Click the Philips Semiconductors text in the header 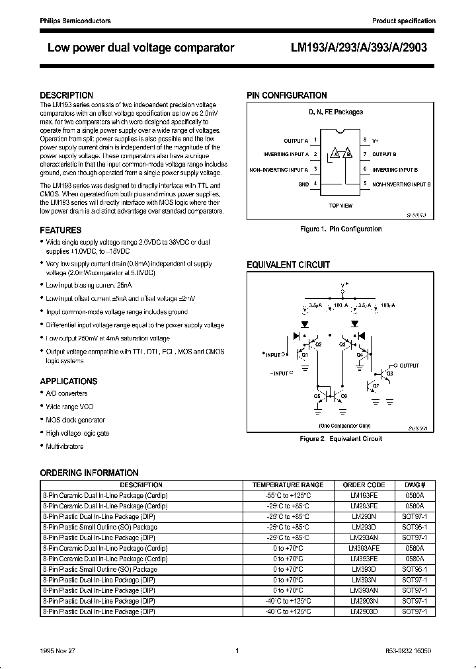75,21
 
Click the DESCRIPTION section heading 67,95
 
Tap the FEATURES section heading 61,230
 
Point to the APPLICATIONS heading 69,381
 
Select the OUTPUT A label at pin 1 296,141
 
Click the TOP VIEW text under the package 340,206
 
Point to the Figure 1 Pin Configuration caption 340,229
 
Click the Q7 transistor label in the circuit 376,385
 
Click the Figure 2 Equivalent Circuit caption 340,438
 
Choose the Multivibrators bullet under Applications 65,446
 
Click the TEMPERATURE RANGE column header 288,485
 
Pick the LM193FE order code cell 364,495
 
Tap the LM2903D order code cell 364,611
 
